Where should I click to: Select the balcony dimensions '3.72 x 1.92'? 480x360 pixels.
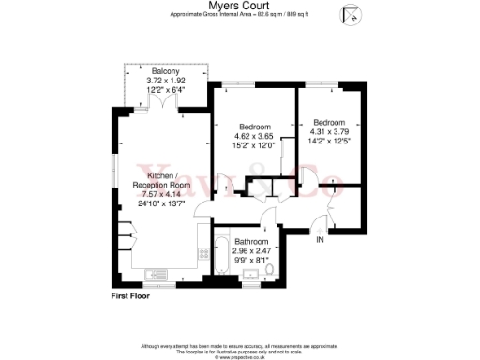(167, 81)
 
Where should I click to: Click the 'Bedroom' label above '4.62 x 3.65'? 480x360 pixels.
(254, 127)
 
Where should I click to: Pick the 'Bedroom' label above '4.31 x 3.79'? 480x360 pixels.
(329, 123)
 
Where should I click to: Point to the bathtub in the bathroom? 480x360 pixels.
(220, 260)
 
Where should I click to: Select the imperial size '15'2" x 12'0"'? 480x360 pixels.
(254, 145)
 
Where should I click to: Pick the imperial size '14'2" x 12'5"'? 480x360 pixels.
(329, 142)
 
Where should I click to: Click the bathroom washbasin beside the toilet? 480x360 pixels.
(249, 275)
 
